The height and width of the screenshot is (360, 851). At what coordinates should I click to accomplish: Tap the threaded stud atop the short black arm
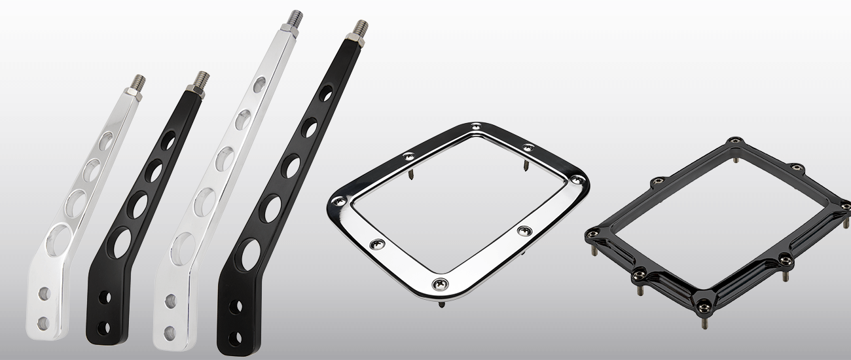click(x=203, y=80)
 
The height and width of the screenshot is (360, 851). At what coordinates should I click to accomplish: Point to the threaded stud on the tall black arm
click(x=360, y=28)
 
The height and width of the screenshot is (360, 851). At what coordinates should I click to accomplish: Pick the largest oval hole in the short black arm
click(x=122, y=242)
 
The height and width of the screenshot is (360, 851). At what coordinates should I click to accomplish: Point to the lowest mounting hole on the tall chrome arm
click(x=170, y=331)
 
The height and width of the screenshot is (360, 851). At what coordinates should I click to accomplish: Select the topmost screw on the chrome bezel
click(x=475, y=127)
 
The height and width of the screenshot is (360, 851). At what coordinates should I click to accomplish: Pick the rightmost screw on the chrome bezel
click(x=575, y=179)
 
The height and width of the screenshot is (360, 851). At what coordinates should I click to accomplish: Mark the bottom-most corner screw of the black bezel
click(x=703, y=302)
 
